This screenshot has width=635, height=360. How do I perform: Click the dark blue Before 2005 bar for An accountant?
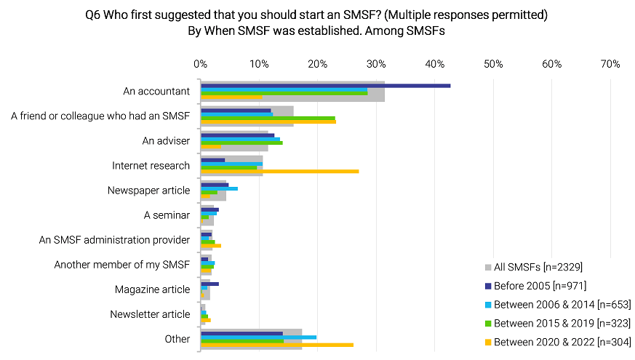(x=325, y=86)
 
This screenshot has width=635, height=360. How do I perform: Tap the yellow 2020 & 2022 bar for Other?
(x=276, y=345)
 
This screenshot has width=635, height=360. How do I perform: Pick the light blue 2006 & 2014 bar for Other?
(x=258, y=337)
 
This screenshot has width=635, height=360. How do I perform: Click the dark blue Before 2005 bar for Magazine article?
(x=209, y=284)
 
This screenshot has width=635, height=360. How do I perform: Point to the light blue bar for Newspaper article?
(x=219, y=188)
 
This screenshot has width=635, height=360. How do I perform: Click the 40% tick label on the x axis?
(x=435, y=64)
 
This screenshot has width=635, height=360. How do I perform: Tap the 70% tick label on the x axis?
(x=610, y=64)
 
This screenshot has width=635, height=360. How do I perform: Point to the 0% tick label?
(x=201, y=64)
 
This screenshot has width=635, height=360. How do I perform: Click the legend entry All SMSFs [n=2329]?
(x=538, y=267)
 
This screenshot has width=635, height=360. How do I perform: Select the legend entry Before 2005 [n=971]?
(x=540, y=286)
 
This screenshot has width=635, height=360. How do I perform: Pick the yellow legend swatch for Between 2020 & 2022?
(x=488, y=342)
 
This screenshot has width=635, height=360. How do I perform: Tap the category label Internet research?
(x=151, y=166)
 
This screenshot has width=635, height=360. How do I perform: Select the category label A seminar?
(x=167, y=215)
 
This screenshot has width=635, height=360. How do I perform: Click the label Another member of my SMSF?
(x=122, y=265)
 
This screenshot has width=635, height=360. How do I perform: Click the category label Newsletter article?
(x=150, y=314)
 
